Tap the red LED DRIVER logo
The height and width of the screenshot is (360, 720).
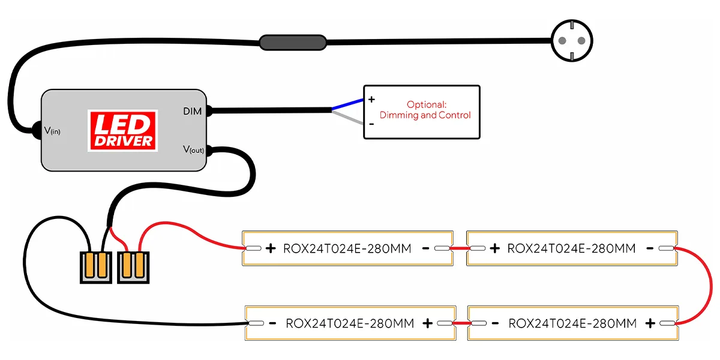click(122, 130)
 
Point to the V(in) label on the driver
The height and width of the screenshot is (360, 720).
click(52, 130)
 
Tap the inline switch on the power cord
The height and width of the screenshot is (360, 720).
click(293, 42)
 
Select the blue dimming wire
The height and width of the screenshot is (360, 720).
click(348, 104)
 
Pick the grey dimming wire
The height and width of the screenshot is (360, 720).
click(348, 118)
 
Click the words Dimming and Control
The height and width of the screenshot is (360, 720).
click(425, 115)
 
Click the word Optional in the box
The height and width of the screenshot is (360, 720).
click(427, 104)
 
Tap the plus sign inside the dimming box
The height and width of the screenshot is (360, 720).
click(371, 100)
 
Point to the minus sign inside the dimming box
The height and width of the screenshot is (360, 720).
click(371, 124)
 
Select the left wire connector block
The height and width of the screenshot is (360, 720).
click(96, 267)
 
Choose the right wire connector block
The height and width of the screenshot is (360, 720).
click(133, 266)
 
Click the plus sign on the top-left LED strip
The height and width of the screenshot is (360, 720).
click(270, 248)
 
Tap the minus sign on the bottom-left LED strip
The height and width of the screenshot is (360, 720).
click(272, 323)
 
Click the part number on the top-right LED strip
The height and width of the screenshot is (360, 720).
click(571, 248)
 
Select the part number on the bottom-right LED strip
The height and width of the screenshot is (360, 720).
click(572, 323)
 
